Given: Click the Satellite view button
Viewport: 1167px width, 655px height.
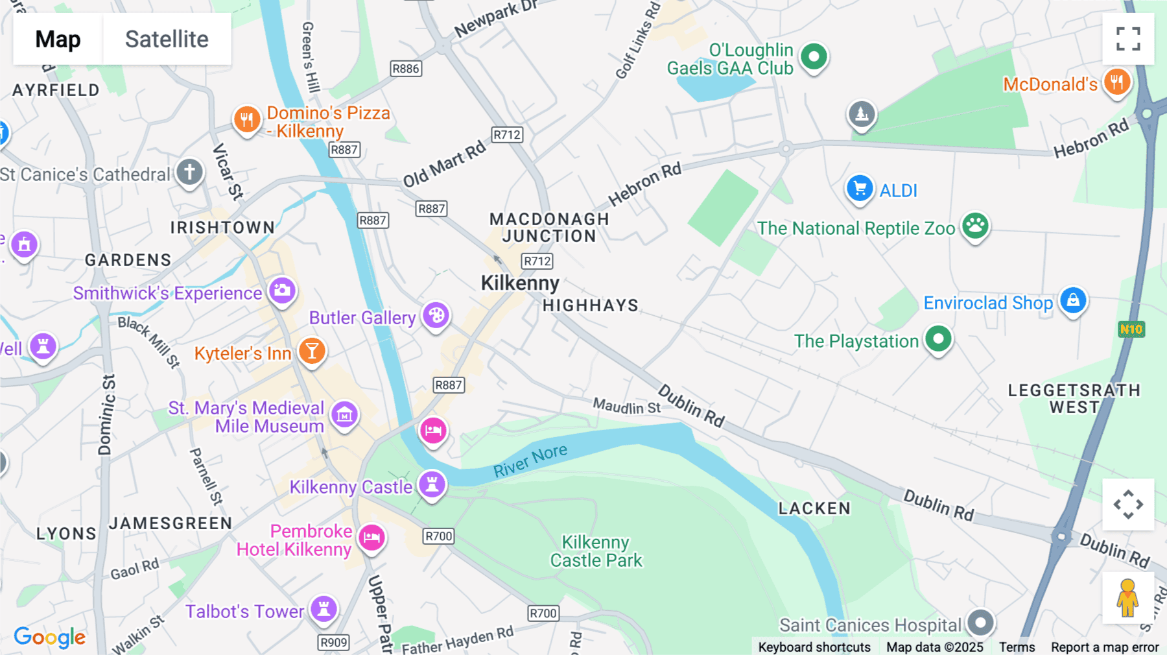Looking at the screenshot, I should (x=167, y=39).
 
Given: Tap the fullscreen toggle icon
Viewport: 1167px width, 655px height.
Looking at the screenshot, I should (x=1128, y=39).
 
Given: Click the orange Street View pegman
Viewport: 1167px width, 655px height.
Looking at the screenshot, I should (x=1127, y=598).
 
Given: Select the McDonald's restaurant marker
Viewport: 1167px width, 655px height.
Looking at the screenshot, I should (x=1116, y=82).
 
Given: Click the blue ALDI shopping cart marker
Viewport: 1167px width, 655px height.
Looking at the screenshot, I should (x=860, y=189).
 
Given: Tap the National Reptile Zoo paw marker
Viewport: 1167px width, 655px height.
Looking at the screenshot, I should (x=974, y=226).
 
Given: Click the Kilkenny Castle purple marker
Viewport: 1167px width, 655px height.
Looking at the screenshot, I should (x=432, y=484).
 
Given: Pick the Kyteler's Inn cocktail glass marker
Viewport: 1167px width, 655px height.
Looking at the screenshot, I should (x=312, y=351).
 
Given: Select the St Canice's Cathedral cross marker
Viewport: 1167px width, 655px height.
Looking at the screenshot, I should (x=189, y=173).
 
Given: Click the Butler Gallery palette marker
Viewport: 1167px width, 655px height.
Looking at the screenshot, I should (x=436, y=316).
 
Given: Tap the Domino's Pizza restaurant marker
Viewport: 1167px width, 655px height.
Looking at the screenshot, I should (x=247, y=120).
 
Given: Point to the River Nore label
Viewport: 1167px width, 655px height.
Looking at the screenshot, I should (x=530, y=460).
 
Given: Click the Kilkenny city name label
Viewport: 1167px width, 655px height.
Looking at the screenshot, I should (x=519, y=283).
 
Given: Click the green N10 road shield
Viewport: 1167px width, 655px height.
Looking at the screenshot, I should (x=1131, y=329).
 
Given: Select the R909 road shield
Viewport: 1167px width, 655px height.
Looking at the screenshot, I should (x=334, y=642).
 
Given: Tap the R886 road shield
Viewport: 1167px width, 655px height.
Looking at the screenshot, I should (x=406, y=69).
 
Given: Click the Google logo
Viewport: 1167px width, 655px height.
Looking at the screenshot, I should (x=49, y=637).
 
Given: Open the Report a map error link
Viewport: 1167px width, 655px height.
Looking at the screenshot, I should (x=1104, y=647).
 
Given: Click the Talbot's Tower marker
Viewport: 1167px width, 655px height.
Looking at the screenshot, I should (x=324, y=609).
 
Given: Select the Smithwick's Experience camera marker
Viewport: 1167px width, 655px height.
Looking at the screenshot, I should (x=282, y=291).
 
